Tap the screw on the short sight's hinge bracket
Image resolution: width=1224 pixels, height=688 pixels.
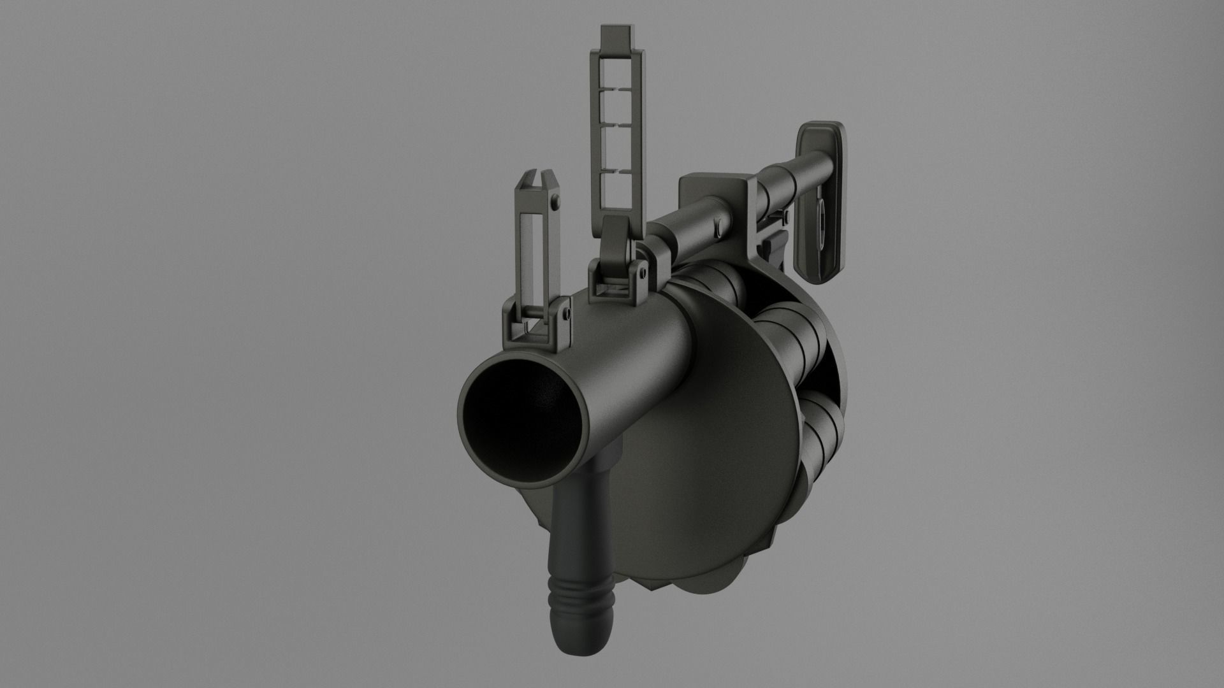(565, 314)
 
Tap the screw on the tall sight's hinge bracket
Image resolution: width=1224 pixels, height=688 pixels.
(643, 273)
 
